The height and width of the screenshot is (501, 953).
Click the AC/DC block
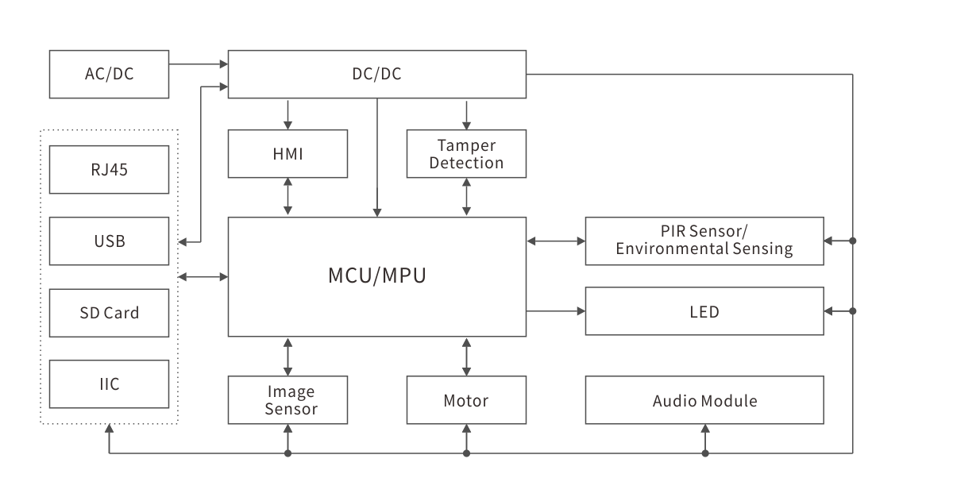[109, 74]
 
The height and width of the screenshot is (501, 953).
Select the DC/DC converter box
[376, 74]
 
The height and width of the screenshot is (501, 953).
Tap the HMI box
[287, 153]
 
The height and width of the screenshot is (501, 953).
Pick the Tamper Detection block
[466, 153]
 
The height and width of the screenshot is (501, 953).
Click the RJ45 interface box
[109, 169]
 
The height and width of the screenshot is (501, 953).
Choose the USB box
[109, 241]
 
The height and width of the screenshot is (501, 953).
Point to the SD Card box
[109, 312]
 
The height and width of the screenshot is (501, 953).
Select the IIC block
[109, 383]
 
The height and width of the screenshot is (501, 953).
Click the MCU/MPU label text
[376, 276]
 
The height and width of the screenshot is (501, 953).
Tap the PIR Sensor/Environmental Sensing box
[704, 240]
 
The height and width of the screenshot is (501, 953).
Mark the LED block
[704, 311]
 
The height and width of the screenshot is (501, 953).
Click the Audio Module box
[704, 400]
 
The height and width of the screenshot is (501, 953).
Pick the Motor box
[466, 400]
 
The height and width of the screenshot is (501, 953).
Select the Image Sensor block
[287, 400]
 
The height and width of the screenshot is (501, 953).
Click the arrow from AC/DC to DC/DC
[198, 64]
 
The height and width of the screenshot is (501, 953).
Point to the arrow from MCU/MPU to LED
[555, 311]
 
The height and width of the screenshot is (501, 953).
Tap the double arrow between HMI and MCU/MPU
[287, 197]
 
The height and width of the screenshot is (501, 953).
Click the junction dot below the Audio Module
[704, 453]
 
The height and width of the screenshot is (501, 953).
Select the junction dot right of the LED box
[852, 311]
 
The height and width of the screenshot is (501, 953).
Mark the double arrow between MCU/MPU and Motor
[466, 356]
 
